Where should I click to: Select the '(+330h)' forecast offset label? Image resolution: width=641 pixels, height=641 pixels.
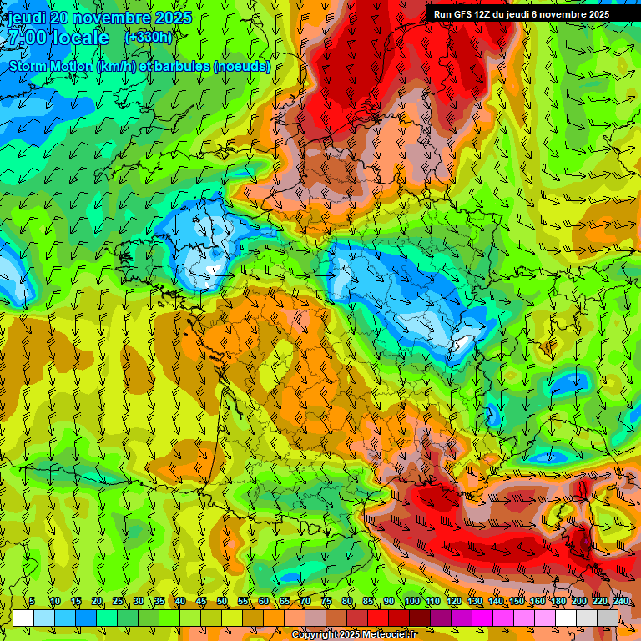pyautogui.click(x=148, y=37)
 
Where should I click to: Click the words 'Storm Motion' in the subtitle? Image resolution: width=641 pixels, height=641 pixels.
pyautogui.click(x=49, y=67)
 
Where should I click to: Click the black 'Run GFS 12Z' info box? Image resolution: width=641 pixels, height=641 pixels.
pyautogui.click(x=521, y=13)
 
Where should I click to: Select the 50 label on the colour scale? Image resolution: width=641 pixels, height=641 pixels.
pyautogui.click(x=222, y=602)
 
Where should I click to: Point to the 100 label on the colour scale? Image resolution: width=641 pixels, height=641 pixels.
pyautogui.click(x=411, y=602)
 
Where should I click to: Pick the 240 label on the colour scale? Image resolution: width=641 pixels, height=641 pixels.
pyautogui.click(x=620, y=602)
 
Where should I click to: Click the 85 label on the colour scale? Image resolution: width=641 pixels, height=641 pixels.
pyautogui.click(x=368, y=602)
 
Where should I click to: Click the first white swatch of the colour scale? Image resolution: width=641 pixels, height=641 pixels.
pyautogui.click(x=23, y=618)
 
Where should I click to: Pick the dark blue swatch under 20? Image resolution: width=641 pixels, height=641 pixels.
pyautogui.click(x=86, y=618)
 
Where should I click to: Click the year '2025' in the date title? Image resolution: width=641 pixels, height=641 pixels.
pyautogui.click(x=173, y=18)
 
